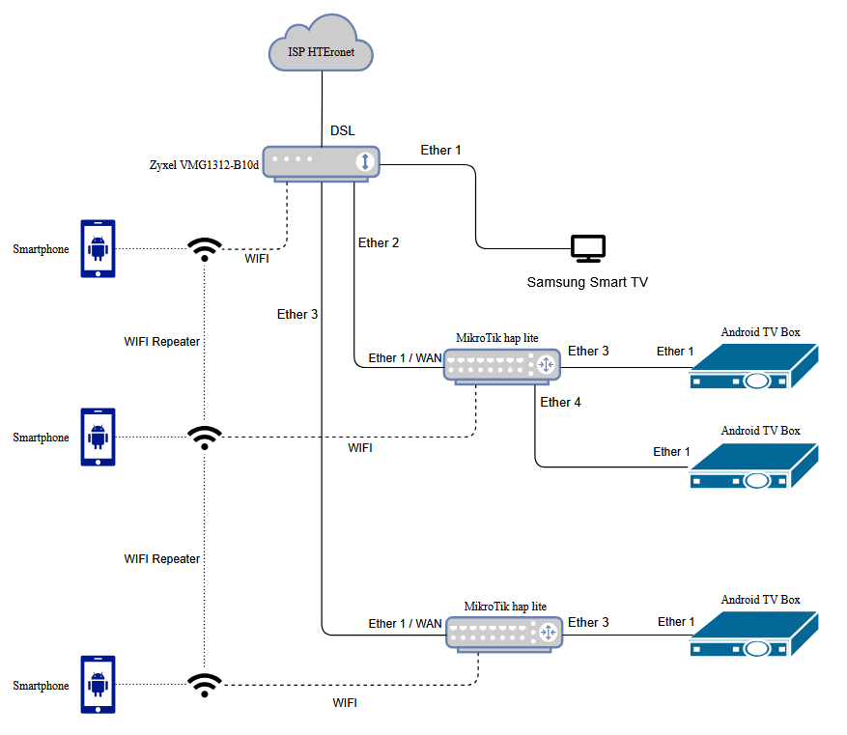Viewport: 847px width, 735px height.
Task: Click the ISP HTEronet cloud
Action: point(320,48)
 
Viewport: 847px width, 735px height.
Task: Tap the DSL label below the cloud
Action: point(342,130)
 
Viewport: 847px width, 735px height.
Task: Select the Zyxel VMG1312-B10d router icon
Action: point(323,162)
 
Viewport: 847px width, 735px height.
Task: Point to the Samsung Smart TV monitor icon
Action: point(587,248)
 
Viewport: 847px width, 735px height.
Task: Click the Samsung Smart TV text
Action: point(587,283)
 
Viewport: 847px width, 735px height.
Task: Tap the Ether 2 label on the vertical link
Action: point(379,242)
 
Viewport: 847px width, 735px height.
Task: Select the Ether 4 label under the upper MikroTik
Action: point(560,402)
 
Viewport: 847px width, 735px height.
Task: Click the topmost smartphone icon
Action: point(98,249)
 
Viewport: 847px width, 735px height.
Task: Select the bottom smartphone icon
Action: point(98,685)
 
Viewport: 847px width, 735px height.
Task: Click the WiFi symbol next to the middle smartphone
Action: point(203,438)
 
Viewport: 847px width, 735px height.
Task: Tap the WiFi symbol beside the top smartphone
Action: point(203,250)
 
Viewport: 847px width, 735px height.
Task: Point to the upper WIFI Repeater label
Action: point(162,342)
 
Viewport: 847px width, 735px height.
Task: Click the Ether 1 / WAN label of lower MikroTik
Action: point(405,624)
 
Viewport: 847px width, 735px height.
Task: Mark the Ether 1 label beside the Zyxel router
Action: point(440,150)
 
